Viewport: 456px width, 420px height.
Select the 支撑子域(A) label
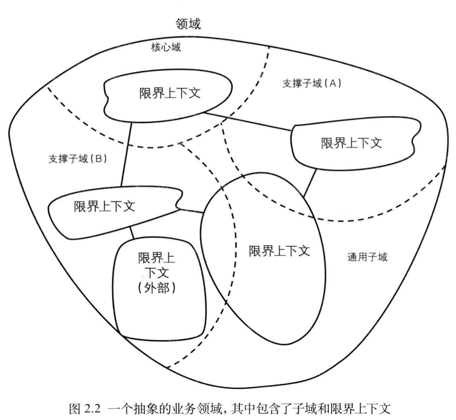(x=311, y=83)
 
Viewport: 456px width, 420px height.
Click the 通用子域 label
(x=368, y=257)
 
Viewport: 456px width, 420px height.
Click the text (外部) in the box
(x=157, y=289)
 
